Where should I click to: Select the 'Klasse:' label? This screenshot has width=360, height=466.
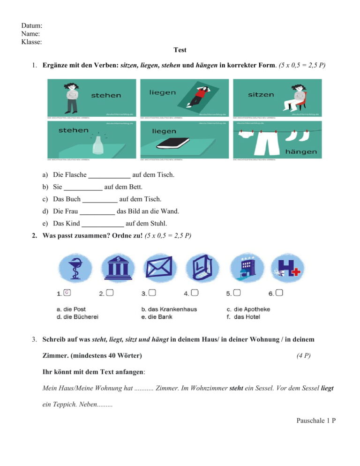(x=32, y=42)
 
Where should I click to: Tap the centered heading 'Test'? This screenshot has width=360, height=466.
(x=180, y=50)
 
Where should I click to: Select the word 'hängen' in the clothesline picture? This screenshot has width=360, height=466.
(x=301, y=151)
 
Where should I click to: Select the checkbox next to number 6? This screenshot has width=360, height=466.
(x=279, y=293)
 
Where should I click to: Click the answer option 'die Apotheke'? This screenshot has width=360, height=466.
(x=252, y=309)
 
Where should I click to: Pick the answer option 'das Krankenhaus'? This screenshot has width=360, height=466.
(x=172, y=309)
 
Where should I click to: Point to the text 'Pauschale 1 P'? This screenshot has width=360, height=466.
(x=316, y=421)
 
